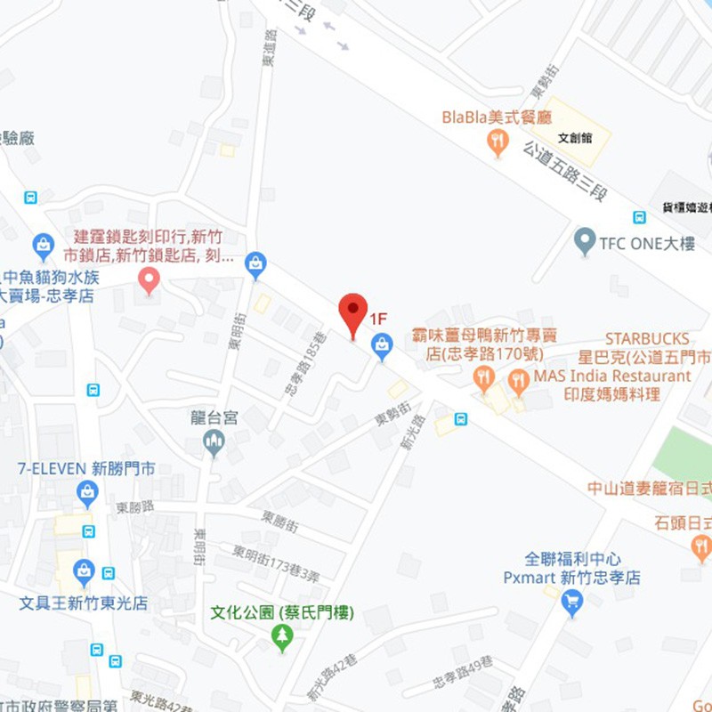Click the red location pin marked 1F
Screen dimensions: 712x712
(x=353, y=312)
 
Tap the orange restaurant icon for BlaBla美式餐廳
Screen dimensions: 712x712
(x=498, y=142)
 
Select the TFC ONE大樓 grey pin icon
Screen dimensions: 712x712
(x=584, y=240)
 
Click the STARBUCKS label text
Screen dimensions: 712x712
(x=646, y=339)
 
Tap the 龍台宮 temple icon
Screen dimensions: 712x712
(x=214, y=440)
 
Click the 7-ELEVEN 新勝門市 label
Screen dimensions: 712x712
(x=86, y=468)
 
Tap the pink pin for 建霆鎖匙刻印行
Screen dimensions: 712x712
(x=150, y=281)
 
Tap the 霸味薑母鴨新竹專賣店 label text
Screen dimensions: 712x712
(x=484, y=344)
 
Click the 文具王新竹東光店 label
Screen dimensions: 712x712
(x=84, y=603)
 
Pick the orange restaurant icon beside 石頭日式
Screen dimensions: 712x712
(x=700, y=547)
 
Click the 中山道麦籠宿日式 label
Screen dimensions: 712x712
(x=650, y=488)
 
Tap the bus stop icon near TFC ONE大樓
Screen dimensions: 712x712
(x=639, y=216)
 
